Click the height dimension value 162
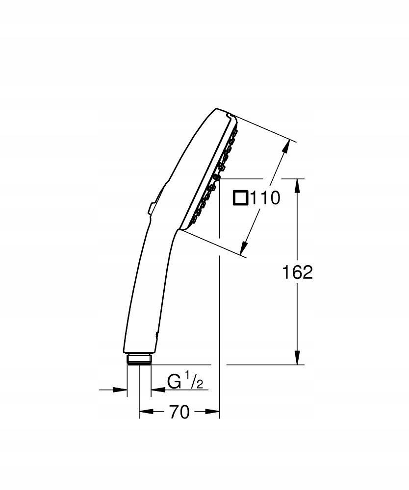297,272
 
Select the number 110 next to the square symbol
265,198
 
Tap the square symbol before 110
240,198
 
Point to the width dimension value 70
179,413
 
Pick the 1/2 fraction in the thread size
194,381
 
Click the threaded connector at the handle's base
139,359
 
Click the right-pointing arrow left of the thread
121,390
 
